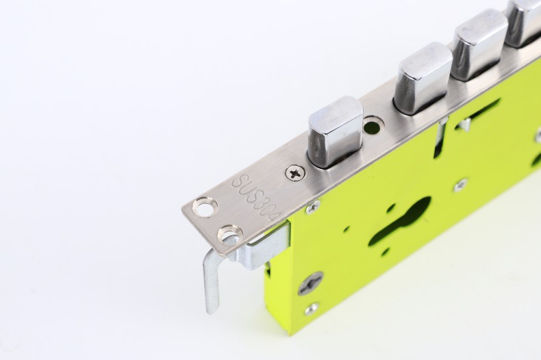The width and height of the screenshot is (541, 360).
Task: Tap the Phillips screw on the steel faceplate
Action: click(295, 172)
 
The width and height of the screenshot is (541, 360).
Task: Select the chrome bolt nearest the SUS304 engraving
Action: click(335, 133)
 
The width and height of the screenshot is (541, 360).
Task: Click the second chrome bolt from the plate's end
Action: click(423, 77)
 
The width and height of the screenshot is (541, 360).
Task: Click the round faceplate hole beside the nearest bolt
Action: click(373, 125)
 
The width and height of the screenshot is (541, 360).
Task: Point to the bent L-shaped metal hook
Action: click(211, 276)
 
